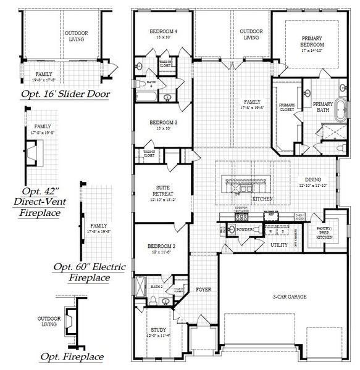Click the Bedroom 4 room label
point(164,31)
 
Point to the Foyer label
point(204,289)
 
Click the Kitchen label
point(262,199)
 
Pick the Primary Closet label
point(287,108)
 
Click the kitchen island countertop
point(245,182)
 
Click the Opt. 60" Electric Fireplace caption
point(90,272)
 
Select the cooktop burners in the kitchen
point(243,218)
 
